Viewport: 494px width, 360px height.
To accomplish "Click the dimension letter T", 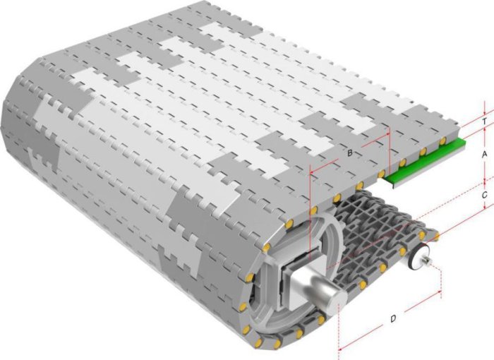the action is (485, 121).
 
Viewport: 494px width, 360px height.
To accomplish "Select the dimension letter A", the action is (485, 155).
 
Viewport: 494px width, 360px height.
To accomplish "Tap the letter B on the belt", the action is (350, 153).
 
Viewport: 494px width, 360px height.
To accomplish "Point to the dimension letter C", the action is (485, 195).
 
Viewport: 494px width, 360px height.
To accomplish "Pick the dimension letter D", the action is (393, 318).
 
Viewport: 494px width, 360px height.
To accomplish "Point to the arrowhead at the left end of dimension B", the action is (312, 172).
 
